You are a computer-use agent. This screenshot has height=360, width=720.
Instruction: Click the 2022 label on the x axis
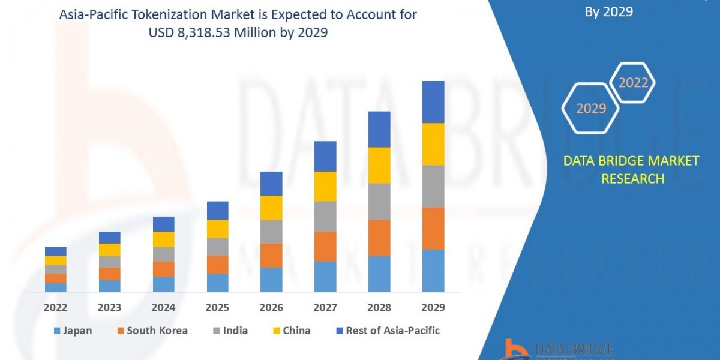click(x=55, y=308)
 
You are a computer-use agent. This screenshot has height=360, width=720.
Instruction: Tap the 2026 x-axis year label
click(x=271, y=308)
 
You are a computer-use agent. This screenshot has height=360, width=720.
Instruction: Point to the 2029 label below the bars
click(x=433, y=308)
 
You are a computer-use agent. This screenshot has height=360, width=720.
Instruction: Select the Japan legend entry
click(x=73, y=331)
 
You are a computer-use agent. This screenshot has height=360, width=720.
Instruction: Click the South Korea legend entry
click(x=153, y=331)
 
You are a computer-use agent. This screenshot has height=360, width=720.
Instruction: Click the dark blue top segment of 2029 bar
click(x=433, y=102)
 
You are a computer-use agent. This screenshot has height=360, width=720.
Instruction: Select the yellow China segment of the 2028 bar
click(x=379, y=165)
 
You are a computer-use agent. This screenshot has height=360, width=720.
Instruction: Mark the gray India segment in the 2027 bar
click(x=325, y=217)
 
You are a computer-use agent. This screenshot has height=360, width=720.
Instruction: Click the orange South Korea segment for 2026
click(x=271, y=256)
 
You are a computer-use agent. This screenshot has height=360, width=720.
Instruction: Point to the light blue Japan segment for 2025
click(x=217, y=283)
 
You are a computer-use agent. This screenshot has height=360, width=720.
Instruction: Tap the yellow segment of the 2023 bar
click(x=109, y=250)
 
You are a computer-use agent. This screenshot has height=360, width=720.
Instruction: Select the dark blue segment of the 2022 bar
click(x=55, y=251)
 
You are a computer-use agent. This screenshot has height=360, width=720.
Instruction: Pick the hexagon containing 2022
click(x=632, y=83)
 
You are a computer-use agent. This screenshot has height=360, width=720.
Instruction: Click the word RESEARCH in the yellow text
click(x=632, y=179)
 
